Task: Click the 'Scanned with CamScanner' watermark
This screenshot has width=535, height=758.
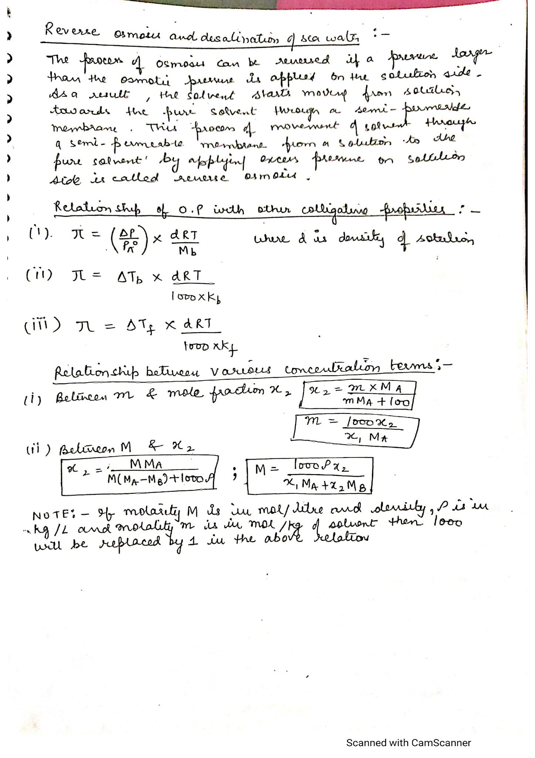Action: coord(408,732)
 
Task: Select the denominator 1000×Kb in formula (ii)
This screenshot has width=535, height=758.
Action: coord(196,297)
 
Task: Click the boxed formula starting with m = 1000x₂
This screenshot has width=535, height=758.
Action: coord(355,429)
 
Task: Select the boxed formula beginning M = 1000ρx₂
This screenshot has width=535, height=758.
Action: coord(310,476)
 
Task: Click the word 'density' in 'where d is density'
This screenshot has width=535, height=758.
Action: coord(362,239)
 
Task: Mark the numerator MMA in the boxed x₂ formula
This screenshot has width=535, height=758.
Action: coord(146,464)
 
